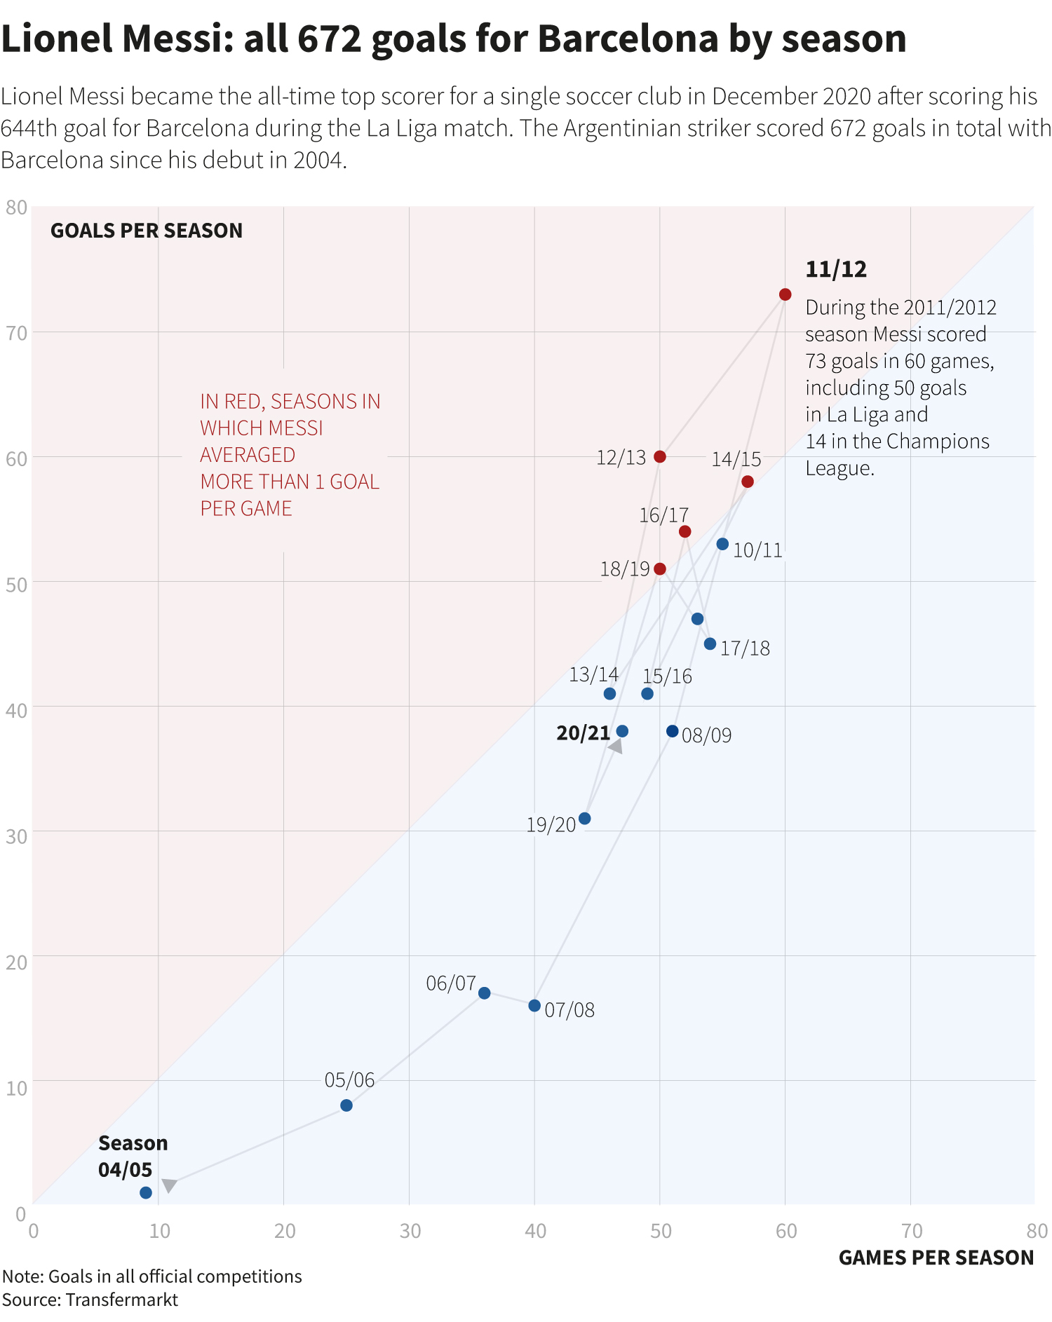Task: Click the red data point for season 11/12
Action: [x=785, y=294]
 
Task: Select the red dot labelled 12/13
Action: [x=659, y=456]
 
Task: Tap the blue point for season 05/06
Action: [x=346, y=1105]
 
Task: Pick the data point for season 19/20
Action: [x=584, y=819]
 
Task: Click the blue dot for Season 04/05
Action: [x=146, y=1193]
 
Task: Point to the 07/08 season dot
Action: [x=534, y=1006]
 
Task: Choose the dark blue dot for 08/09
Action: [x=672, y=731]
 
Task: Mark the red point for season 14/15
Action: [x=748, y=482]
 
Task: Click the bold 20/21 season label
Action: [x=583, y=733]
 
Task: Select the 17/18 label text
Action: [x=745, y=648]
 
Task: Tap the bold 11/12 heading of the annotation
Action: [x=836, y=270]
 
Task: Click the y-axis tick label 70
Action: [x=16, y=333]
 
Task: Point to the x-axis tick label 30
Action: [x=410, y=1231]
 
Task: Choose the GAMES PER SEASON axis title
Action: [x=936, y=1258]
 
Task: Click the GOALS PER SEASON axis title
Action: [x=147, y=231]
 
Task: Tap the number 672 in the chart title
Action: [x=329, y=39]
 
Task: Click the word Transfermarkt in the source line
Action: [x=122, y=1300]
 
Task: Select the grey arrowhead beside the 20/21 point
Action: [x=616, y=747]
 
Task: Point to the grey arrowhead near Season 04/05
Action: [x=168, y=1185]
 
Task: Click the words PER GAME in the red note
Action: [x=246, y=508]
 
